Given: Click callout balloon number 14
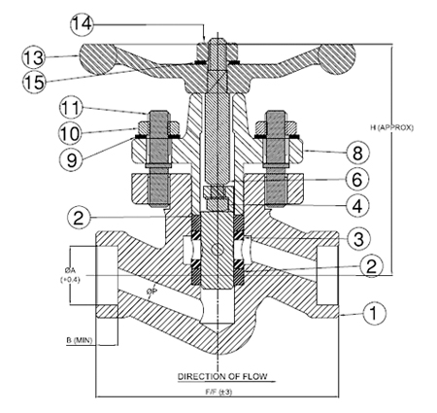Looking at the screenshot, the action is pyautogui.click(x=82, y=24).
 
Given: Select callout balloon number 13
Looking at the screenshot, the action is pyautogui.click(x=34, y=57).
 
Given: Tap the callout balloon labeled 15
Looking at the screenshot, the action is pyautogui.click(x=34, y=82).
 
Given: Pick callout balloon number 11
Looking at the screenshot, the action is pyautogui.click(x=71, y=108).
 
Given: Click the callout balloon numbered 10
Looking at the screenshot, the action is pyautogui.click(x=70, y=132).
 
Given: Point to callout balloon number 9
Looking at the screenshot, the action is pyautogui.click(x=72, y=158).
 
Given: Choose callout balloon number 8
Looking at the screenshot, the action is pyautogui.click(x=357, y=153).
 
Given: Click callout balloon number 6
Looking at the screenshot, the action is pyautogui.click(x=356, y=179).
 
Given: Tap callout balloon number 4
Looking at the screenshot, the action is pyautogui.click(x=357, y=205).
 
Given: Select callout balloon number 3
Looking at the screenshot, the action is pyautogui.click(x=358, y=239).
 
